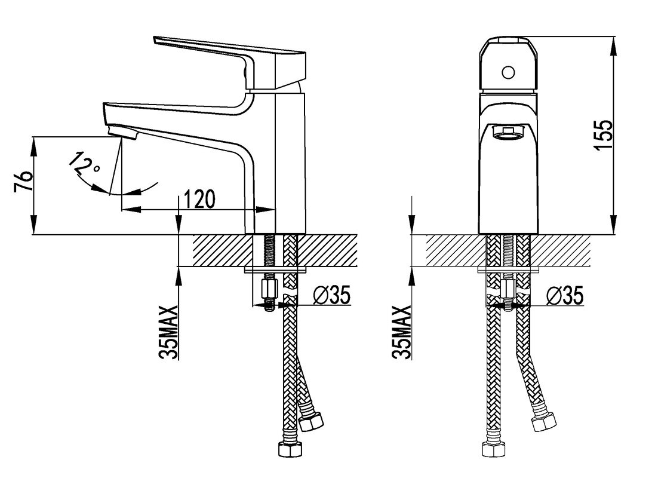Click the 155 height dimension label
(604, 134)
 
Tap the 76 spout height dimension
(23, 181)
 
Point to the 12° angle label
(85, 164)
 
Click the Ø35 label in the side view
(331, 295)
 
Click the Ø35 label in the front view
(565, 296)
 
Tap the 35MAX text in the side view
(169, 332)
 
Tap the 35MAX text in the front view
(402, 332)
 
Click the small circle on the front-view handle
(508, 73)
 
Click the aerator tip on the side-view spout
(122, 132)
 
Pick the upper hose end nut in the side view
(311, 422)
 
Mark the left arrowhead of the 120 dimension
(131, 210)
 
